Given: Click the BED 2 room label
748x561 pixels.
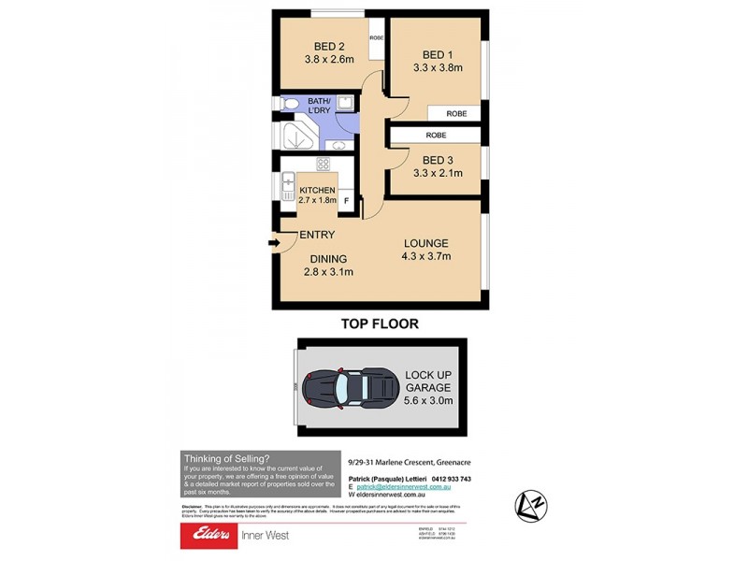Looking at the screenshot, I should click(x=329, y=46).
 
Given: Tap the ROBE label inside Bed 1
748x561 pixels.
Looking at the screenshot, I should click(x=455, y=113).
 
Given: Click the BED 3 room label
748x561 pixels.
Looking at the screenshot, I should click(x=436, y=159).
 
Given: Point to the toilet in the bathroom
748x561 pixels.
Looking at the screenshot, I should click(x=290, y=104).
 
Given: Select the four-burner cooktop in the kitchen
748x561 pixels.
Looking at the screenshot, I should click(x=324, y=165).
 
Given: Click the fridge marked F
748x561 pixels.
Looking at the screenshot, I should click(x=346, y=200).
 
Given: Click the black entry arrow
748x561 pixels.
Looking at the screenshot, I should click(x=273, y=245).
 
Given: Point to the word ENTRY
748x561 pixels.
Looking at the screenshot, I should click(x=317, y=235).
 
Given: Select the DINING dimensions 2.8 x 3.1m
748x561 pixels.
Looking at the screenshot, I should click(x=329, y=272).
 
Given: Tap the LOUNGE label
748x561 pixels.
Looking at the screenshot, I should click(x=426, y=242).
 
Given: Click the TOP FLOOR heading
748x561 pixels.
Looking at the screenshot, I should click(x=380, y=324).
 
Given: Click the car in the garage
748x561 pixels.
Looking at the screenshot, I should click(x=345, y=387).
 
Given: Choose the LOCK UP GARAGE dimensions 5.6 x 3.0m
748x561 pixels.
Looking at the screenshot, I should click(x=429, y=401).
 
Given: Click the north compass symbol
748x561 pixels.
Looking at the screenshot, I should click(x=531, y=506).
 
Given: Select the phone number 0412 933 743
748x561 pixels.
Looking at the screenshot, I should click(x=453, y=479).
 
